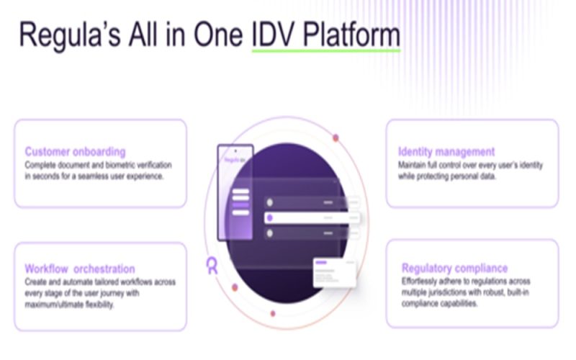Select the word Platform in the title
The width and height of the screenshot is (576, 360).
353,37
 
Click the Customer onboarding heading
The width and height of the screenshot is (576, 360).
75,152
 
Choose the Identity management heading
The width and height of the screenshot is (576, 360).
446,152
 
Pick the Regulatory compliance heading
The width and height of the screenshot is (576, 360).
454,269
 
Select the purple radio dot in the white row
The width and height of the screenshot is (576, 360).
269,217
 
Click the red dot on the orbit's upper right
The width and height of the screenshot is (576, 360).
336,138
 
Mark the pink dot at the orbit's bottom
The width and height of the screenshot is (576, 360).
272,314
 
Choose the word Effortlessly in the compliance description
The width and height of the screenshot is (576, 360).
422,281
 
